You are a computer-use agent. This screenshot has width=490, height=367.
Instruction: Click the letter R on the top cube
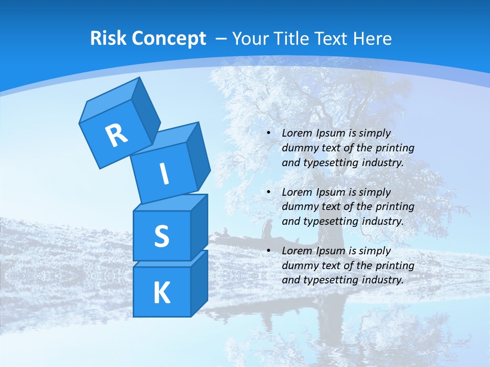point(116,135)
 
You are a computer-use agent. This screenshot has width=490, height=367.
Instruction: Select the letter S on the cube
point(161,237)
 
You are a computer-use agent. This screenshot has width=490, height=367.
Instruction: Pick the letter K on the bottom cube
point(161,293)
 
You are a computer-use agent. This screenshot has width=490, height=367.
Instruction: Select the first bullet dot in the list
point(268,133)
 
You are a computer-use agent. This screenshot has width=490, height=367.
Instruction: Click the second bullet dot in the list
point(268,192)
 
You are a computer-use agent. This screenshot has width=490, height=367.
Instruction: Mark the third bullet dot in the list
point(268,251)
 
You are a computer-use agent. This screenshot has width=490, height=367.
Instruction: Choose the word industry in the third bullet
point(383,280)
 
